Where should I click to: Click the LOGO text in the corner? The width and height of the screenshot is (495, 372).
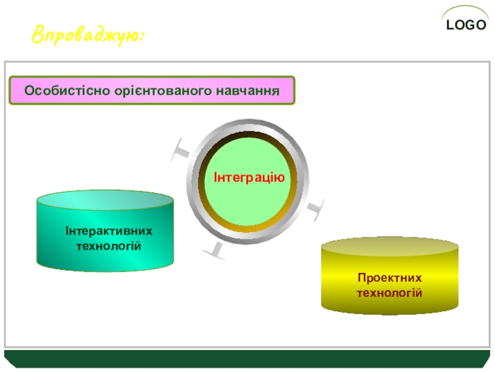(466, 25)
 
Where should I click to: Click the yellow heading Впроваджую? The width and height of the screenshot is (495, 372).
(88, 35)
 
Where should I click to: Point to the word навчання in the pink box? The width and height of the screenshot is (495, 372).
(248, 91)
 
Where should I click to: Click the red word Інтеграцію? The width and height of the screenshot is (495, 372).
(249, 177)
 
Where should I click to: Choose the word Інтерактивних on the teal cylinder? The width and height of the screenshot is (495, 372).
(109, 231)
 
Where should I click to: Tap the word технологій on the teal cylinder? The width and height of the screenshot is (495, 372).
(109, 246)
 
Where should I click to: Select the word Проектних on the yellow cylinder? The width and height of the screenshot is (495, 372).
(390, 278)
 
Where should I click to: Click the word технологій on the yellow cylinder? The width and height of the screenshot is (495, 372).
(390, 293)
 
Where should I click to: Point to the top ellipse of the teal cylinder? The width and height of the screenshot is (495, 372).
(105, 200)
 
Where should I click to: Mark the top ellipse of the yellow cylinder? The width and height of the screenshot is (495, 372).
(390, 246)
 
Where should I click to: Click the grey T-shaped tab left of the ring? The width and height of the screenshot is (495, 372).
(181, 150)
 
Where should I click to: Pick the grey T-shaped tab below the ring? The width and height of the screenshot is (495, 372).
(215, 251)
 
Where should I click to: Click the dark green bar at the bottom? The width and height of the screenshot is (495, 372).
(247, 359)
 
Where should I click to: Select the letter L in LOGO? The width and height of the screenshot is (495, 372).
(450, 25)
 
